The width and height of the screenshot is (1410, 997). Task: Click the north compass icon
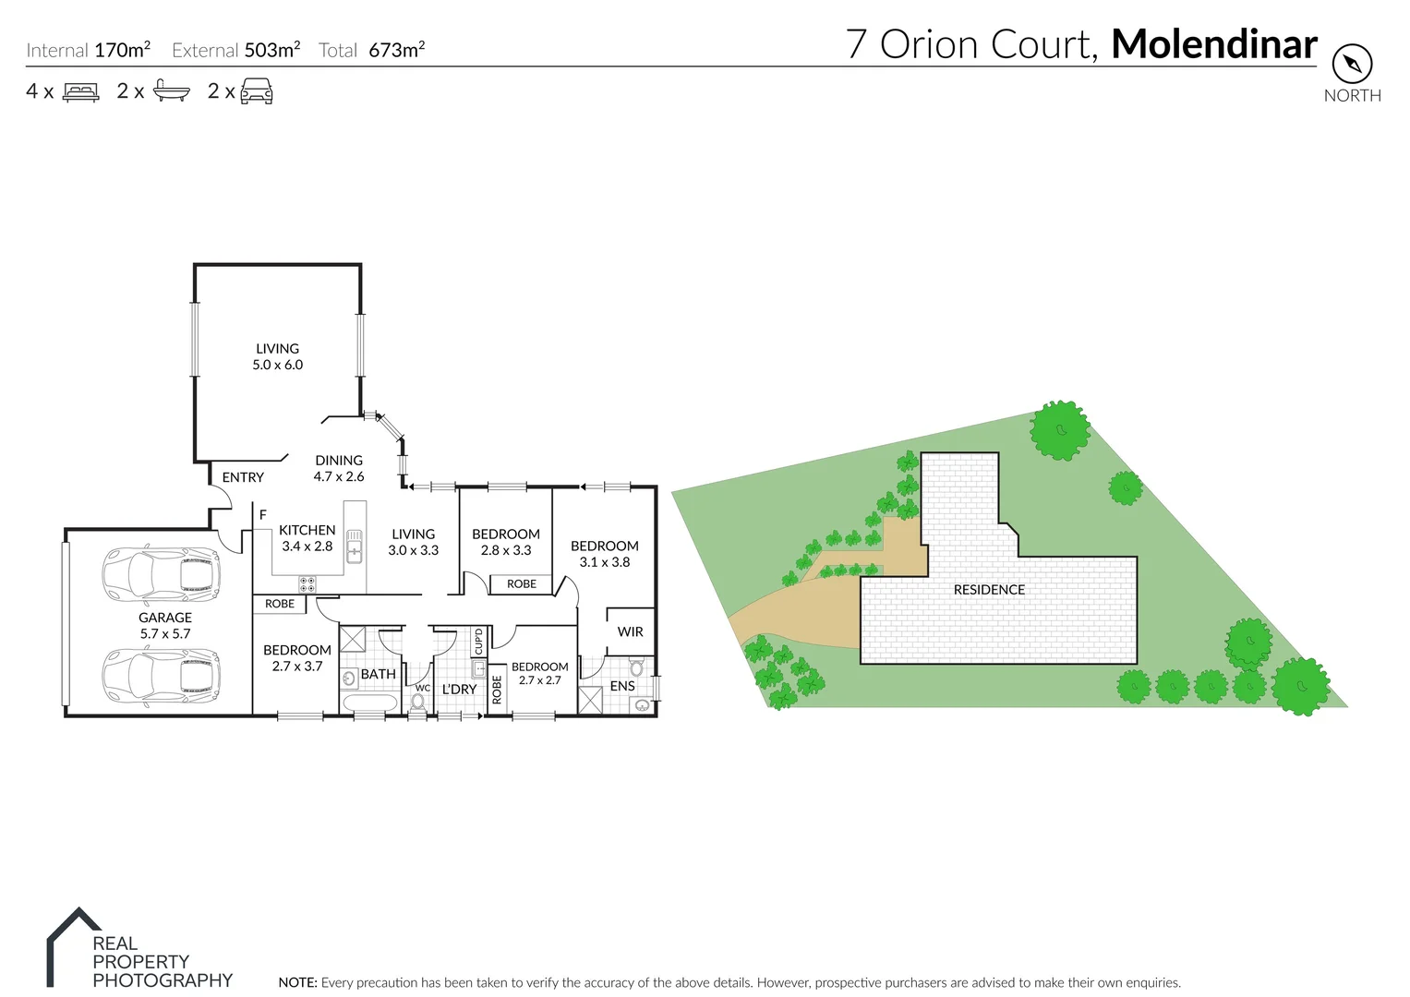point(1352,65)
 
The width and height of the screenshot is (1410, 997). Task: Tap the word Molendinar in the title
point(1213,44)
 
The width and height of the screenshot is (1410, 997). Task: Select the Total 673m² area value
point(396,50)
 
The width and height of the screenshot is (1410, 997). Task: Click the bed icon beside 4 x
point(80,91)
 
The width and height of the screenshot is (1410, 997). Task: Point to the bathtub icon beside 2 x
point(171,91)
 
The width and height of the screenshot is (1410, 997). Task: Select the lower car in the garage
point(162,676)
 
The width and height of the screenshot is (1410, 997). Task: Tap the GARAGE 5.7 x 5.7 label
point(165,626)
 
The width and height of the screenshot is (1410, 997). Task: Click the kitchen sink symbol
point(355,546)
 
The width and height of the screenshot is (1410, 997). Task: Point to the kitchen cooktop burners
point(307,584)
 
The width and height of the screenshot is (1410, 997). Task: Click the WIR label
point(630,632)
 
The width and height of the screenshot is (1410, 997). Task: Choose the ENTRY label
point(243,477)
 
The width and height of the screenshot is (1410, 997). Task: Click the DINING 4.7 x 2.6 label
point(339,468)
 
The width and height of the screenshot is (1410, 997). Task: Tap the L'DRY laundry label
point(459,690)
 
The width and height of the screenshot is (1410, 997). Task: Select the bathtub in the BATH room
point(369,703)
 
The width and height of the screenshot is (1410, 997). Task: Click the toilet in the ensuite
point(635,667)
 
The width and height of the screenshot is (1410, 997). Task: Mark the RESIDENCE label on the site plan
point(989,590)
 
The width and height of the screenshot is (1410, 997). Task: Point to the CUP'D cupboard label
point(478,641)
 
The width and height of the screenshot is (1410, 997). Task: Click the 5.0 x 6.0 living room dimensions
point(278,365)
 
